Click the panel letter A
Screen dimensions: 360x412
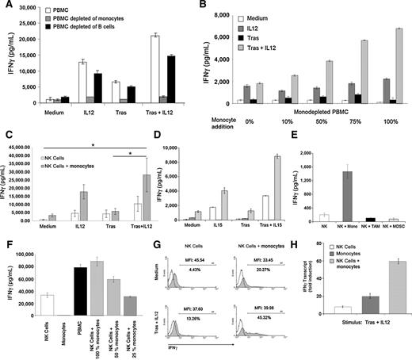pyautogui.click(x=6, y=7)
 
